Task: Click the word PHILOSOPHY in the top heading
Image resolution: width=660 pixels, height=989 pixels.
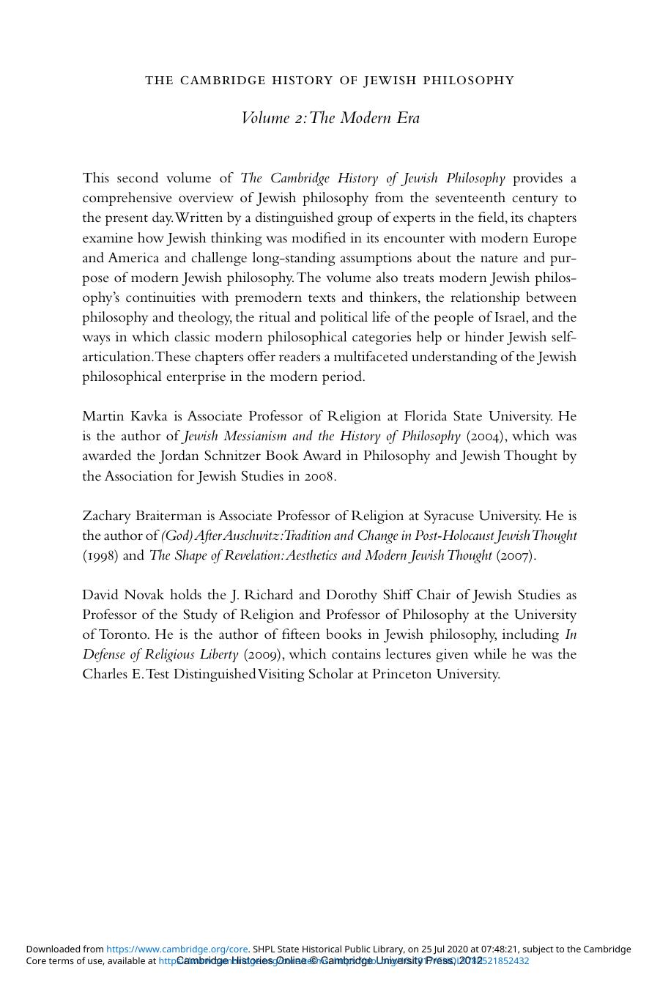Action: (x=475, y=81)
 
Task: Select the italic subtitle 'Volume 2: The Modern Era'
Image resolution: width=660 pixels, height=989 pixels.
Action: (x=330, y=118)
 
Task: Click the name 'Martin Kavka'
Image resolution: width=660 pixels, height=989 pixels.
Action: (x=125, y=416)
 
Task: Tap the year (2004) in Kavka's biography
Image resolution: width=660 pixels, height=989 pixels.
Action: (x=485, y=437)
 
